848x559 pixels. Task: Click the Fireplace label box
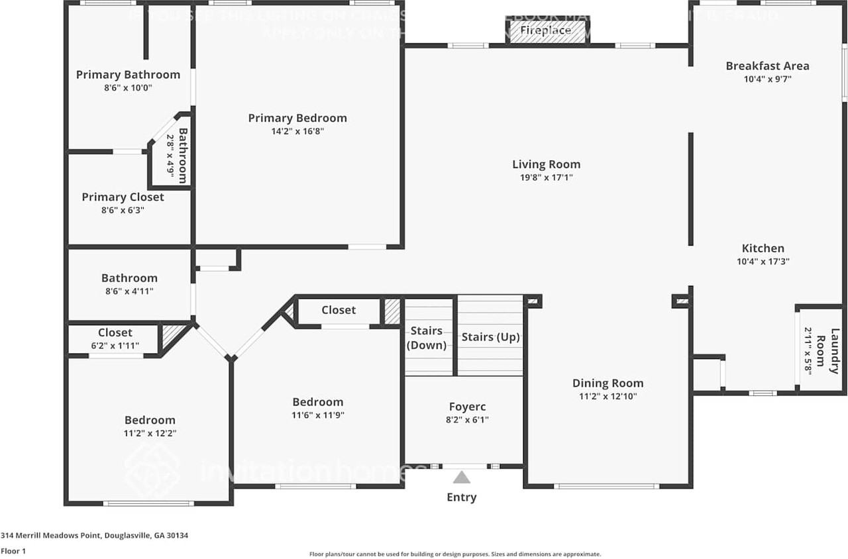click(x=546, y=31)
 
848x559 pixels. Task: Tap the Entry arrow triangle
click(x=462, y=477)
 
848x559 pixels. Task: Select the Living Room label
click(x=546, y=164)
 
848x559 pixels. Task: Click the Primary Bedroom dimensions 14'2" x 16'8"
click(x=297, y=131)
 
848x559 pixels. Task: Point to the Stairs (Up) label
click(x=490, y=337)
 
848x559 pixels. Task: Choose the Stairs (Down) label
click(x=427, y=338)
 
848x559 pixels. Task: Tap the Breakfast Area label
click(x=767, y=66)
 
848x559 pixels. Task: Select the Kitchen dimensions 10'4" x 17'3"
click(x=763, y=261)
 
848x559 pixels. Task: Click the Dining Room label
click(x=608, y=383)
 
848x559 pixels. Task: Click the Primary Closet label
click(x=123, y=197)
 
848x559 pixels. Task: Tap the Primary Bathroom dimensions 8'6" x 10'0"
click(x=128, y=87)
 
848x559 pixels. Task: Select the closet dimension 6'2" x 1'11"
click(x=115, y=345)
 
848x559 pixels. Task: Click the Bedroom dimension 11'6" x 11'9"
click(x=318, y=415)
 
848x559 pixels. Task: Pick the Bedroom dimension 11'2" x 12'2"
click(x=150, y=433)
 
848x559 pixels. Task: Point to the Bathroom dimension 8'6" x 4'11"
click(x=129, y=291)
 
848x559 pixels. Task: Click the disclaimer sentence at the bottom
click(x=455, y=554)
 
